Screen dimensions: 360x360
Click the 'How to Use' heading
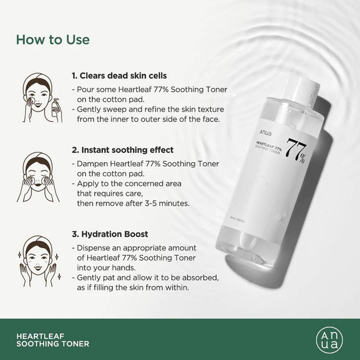click(x=53, y=39)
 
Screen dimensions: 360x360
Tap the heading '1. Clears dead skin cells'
click(x=119, y=76)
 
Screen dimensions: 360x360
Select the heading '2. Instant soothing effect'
click(x=123, y=150)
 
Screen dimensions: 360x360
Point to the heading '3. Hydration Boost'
click(x=110, y=234)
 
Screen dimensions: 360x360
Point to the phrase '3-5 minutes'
click(x=169, y=203)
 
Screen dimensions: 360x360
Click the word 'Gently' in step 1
click(x=89, y=110)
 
